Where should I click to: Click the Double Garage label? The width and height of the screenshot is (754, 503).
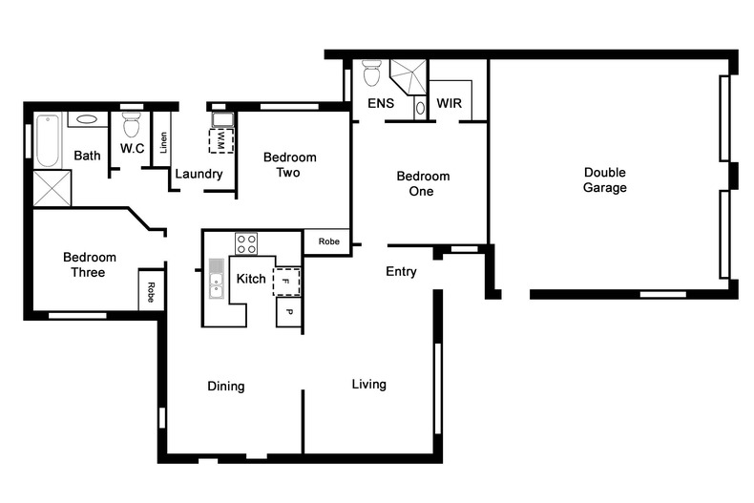[605, 180]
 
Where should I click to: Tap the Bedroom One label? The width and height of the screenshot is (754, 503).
[423, 183]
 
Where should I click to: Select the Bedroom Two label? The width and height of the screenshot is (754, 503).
[289, 165]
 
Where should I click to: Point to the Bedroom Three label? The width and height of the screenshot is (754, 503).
[90, 264]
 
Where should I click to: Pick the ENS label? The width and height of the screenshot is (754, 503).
[381, 103]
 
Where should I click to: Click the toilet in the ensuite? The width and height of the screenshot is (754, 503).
[371, 73]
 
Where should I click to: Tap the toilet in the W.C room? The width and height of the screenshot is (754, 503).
[132, 125]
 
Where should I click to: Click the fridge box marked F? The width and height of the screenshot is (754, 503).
[286, 282]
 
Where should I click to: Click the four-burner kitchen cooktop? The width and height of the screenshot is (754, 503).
[246, 243]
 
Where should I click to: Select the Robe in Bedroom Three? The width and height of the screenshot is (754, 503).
[151, 290]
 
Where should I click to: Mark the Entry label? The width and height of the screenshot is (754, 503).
[401, 272]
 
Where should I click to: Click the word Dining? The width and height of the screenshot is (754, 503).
[226, 387]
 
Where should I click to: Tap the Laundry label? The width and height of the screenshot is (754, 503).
[199, 175]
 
